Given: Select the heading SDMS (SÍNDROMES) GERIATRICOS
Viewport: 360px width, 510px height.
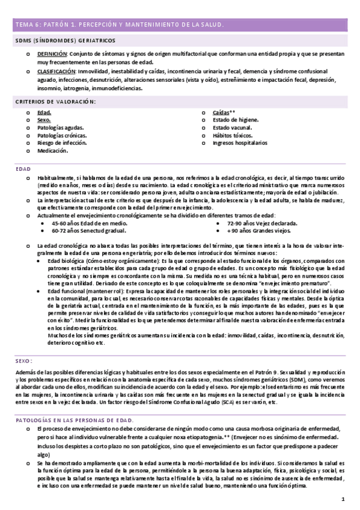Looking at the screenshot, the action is click(66, 40).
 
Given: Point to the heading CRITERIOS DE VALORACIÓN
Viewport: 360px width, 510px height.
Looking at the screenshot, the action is click(55, 102).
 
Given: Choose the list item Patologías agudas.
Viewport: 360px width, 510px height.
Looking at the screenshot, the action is click(60, 127).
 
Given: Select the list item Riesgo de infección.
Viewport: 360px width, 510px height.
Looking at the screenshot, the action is click(61, 143).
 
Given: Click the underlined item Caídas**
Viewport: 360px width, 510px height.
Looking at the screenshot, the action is click(224, 112).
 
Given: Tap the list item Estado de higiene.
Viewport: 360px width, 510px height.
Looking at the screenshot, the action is click(236, 120).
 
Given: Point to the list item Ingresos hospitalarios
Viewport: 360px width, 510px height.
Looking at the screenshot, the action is click(240, 144).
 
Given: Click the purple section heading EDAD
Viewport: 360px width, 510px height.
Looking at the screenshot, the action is click(23, 169).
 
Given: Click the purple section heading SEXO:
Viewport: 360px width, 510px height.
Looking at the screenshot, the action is click(23, 361).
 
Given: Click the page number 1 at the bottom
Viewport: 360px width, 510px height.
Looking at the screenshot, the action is click(343, 499).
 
